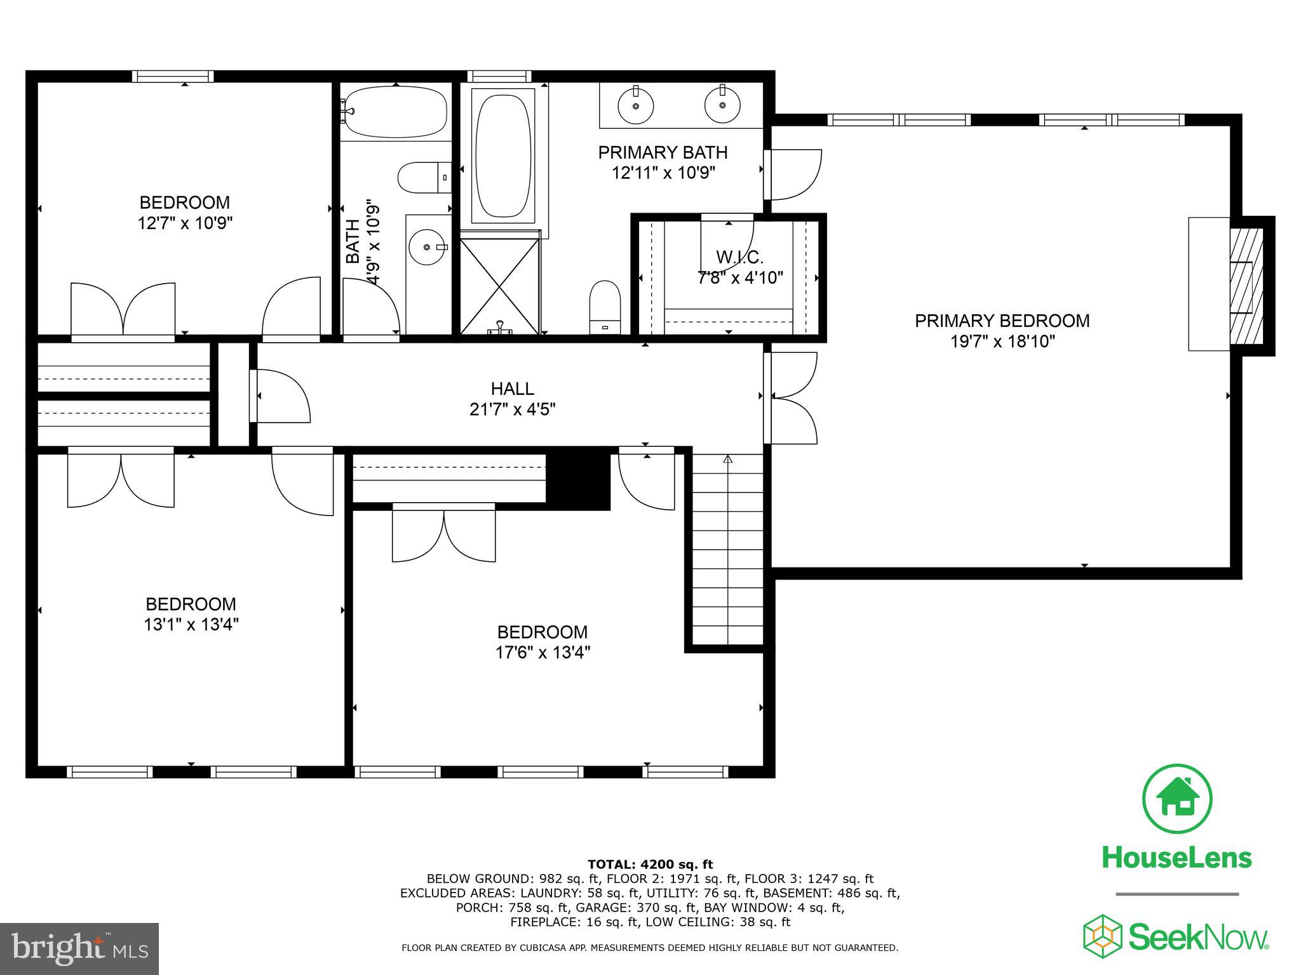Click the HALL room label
click(512, 388)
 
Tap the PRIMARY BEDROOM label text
click(1002, 321)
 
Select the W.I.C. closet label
click(739, 257)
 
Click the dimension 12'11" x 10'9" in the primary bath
click(663, 173)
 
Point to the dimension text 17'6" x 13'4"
click(543, 653)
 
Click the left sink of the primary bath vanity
click(635, 105)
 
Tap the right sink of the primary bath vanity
click(722, 105)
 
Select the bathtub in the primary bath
click(503, 156)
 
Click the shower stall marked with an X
click(500, 282)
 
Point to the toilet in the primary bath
click(605, 308)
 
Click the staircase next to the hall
click(727, 549)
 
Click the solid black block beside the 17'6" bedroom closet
click(578, 478)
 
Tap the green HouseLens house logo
click(1177, 799)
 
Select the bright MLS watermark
click(79, 948)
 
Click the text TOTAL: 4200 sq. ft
click(650, 864)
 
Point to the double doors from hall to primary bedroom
click(792, 398)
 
